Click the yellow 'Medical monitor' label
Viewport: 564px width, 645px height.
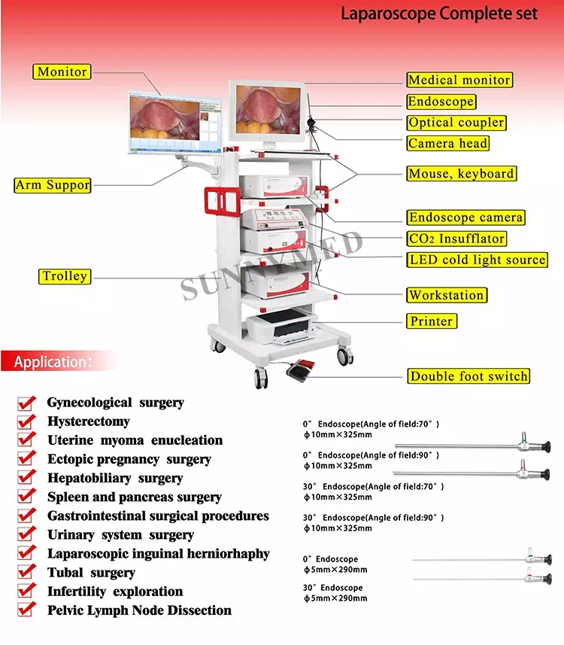click(x=459, y=80)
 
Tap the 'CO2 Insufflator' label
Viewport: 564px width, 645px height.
click(x=456, y=239)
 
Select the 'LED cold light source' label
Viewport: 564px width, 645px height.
click(x=477, y=260)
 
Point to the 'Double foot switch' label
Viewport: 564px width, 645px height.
click(x=468, y=376)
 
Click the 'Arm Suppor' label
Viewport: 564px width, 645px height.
click(x=52, y=185)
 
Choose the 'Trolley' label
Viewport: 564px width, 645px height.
click(x=65, y=276)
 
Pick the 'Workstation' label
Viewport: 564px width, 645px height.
click(x=447, y=295)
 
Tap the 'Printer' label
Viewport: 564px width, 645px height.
click(x=431, y=321)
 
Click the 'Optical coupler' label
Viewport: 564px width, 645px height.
click(x=456, y=123)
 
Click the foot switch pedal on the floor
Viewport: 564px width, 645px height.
click(x=300, y=368)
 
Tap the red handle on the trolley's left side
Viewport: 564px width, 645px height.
click(x=222, y=202)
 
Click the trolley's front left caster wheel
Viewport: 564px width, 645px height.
click(x=261, y=378)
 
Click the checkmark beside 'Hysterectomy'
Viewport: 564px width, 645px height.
click(x=26, y=421)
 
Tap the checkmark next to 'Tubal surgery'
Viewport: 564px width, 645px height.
click(x=26, y=573)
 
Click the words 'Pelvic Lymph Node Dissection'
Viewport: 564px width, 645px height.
click(x=139, y=610)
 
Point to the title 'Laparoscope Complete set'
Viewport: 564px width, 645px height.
click(x=439, y=14)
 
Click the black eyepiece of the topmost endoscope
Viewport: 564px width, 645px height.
click(x=545, y=446)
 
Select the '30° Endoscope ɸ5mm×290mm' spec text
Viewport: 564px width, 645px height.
click(x=335, y=593)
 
